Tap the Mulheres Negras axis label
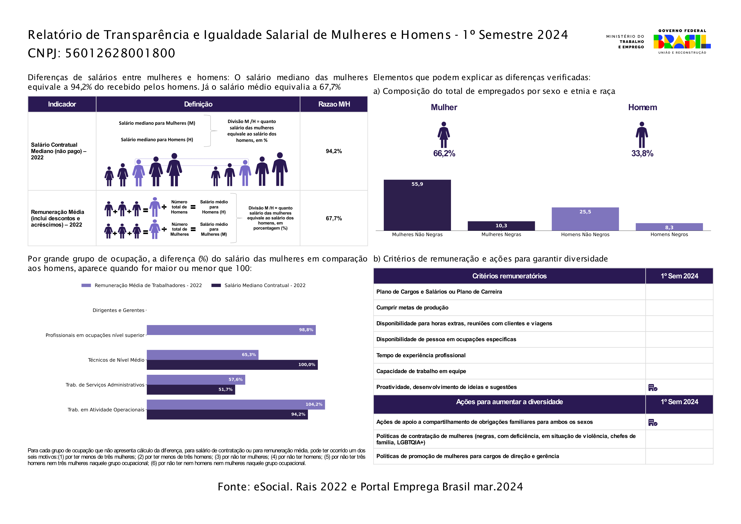pyautogui.click(x=501, y=234)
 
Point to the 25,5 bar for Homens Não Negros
pyautogui.click(x=585, y=219)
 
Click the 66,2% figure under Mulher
pyautogui.click(x=444, y=153)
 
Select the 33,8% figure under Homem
pyautogui.click(x=642, y=153)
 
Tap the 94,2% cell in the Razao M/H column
pyautogui.click(x=334, y=151)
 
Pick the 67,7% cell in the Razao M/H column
pyautogui.click(x=334, y=218)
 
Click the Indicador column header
pyautogui.click(x=62, y=104)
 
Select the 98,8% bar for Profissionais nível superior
pyautogui.click(x=231, y=330)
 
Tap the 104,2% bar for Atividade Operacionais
pyautogui.click(x=236, y=405)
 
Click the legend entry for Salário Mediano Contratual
pyautogui.click(x=259, y=285)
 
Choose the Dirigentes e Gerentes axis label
pyautogui.click(x=119, y=310)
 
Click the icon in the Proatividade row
pyautogui.click(x=652, y=387)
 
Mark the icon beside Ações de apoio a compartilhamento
pyautogui.click(x=652, y=422)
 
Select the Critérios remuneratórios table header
pyautogui.click(x=509, y=276)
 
